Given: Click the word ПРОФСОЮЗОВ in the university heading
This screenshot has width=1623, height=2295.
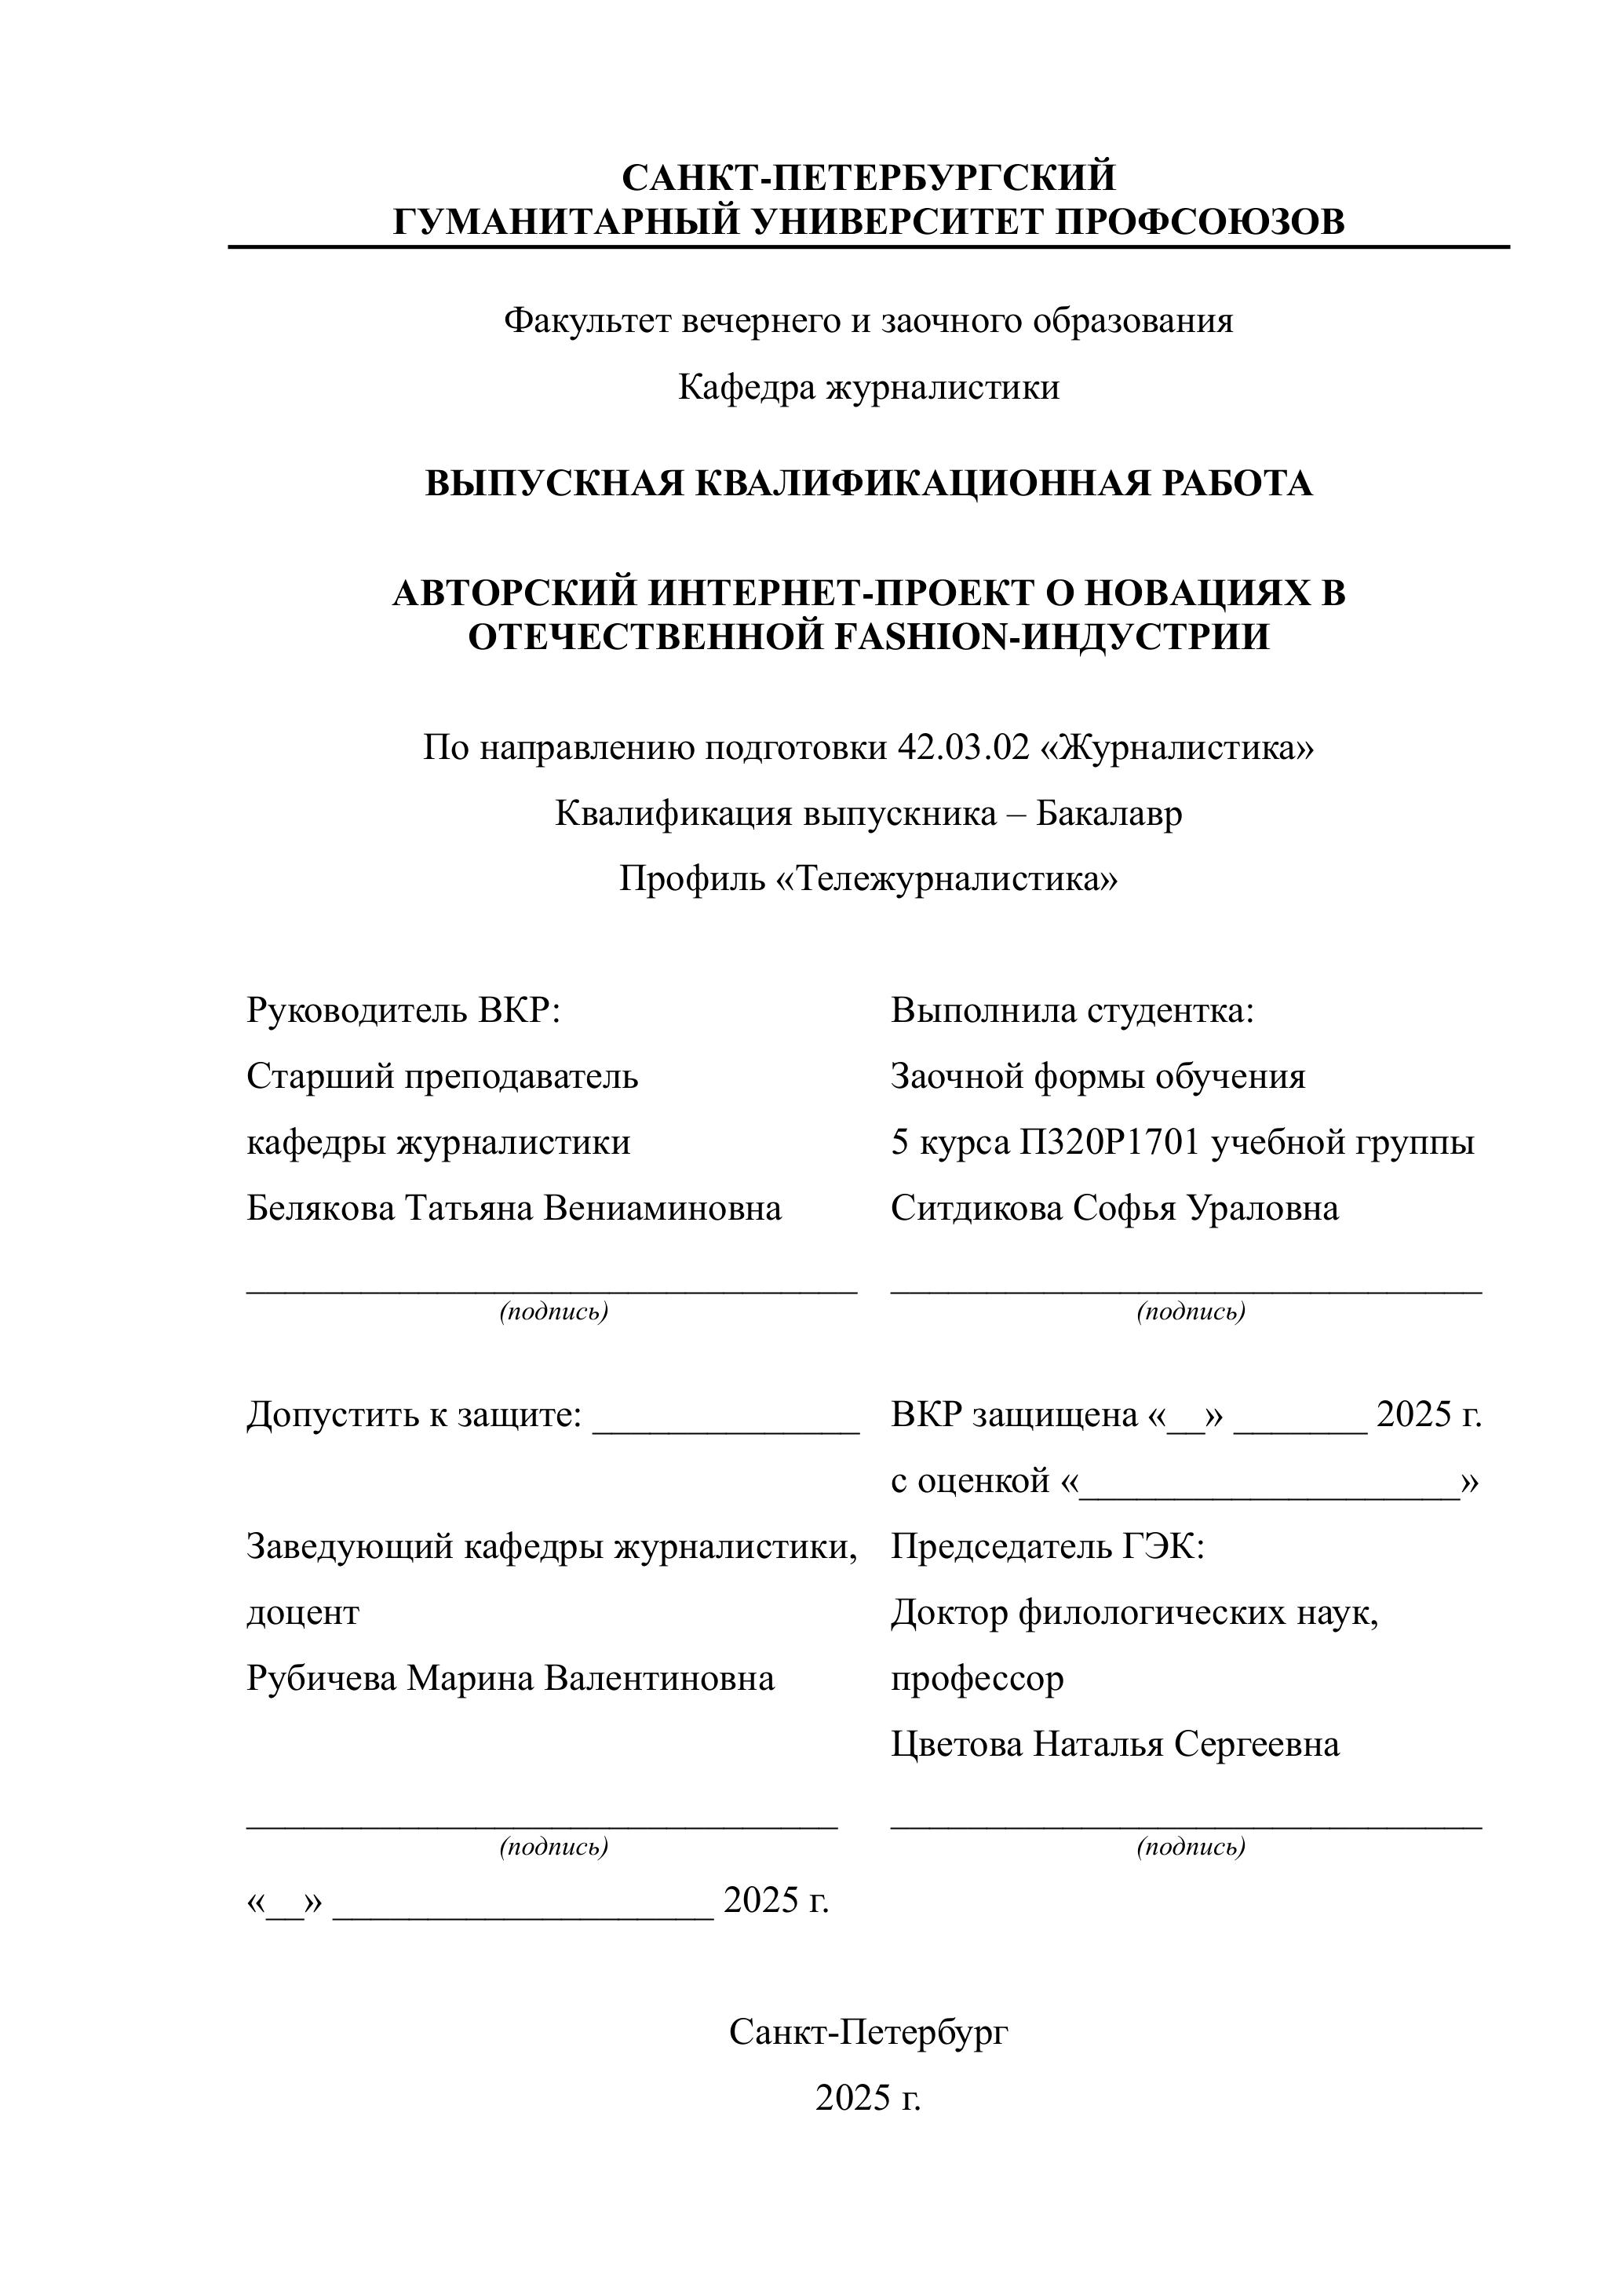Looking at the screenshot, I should click(x=1200, y=221).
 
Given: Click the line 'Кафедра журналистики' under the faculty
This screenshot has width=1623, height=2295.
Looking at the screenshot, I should click(x=869, y=387).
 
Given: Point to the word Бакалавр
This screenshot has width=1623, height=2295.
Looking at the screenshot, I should click(x=1108, y=814).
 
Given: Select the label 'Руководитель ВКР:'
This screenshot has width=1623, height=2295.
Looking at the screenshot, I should click(x=403, y=1011).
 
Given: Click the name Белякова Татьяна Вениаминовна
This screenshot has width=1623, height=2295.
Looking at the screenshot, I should click(x=514, y=1209).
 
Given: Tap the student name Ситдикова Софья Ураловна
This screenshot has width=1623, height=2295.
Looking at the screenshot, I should click(x=1114, y=1209).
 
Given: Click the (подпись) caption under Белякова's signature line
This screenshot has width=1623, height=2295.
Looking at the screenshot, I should click(x=553, y=1312).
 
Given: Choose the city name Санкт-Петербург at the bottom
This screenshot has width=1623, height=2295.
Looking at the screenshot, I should click(x=869, y=2032).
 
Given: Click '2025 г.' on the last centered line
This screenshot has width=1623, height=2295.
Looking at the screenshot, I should click(x=869, y=2098).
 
